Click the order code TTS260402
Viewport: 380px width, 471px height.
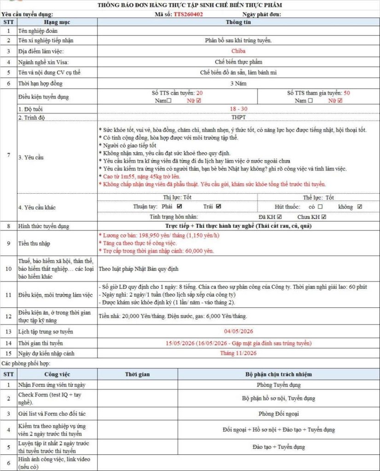point(188,14)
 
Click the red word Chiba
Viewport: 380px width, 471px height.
point(238,51)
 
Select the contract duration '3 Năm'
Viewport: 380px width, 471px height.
point(238,83)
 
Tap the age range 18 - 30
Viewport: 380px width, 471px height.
point(238,109)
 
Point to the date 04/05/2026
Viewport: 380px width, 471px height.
point(238,331)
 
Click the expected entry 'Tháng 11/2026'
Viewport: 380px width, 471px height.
point(238,353)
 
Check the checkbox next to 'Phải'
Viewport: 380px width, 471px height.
point(179,207)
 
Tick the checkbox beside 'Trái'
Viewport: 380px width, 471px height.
point(219,207)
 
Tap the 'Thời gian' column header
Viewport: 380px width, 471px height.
point(137,374)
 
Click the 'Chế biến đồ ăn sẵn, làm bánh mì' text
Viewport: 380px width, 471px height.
point(238,72)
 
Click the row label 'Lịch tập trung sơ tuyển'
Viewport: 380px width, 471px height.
point(46,331)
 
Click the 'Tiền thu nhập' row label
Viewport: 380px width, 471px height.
point(35,243)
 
